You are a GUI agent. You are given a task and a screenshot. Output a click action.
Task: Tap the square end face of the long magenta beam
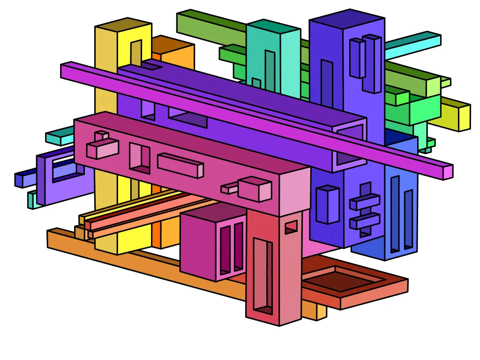tap(448, 172)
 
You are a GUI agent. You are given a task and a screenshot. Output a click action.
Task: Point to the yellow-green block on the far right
tap(457, 115)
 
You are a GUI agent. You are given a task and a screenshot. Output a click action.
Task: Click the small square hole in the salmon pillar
tap(291, 227)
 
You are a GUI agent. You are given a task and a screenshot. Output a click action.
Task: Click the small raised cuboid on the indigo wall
tap(327, 204)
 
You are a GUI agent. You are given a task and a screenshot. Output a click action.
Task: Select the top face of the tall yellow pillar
tap(123, 25)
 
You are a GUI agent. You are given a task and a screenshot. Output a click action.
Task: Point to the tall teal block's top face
tap(273, 26)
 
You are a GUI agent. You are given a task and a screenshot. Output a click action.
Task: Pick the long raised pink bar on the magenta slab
tap(180, 165)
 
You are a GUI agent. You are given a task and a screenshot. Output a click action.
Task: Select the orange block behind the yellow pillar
tap(176, 56)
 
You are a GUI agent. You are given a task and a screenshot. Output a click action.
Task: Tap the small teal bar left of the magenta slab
tap(59, 137)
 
